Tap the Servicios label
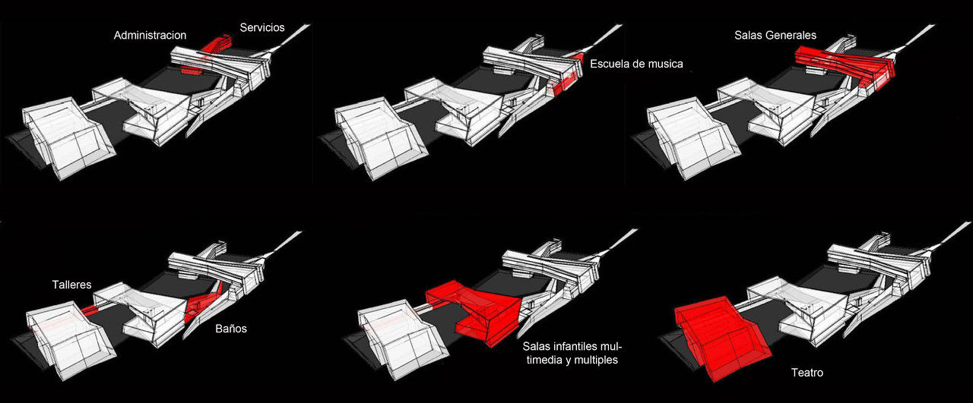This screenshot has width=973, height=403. pyautogui.click(x=261, y=27)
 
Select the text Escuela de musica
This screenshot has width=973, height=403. pyautogui.click(x=636, y=65)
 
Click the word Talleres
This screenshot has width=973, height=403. pyautogui.click(x=71, y=285)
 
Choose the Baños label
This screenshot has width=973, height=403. pyautogui.click(x=230, y=329)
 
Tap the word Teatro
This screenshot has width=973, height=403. pyautogui.click(x=807, y=373)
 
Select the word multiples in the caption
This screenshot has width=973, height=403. pyautogui.click(x=591, y=360)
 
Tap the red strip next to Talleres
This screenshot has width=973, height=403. pyautogui.click(x=90, y=310)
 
